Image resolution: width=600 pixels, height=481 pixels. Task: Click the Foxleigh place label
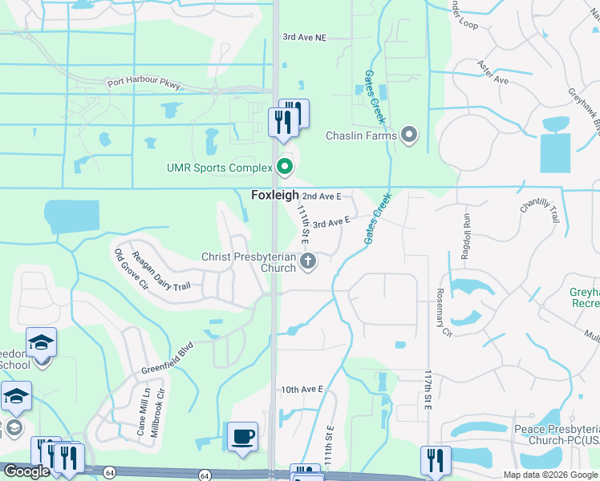click(275, 195)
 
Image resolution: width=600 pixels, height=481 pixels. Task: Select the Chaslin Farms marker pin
click(409, 135)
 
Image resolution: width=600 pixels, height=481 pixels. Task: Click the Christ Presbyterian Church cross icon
click(307, 261)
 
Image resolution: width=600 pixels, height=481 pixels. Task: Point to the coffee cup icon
click(243, 437)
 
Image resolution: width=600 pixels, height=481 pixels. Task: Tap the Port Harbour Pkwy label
click(145, 83)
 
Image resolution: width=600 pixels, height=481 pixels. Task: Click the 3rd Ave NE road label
click(305, 37)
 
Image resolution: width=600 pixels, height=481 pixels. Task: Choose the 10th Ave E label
click(302, 390)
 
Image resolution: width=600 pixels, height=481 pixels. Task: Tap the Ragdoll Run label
click(464, 236)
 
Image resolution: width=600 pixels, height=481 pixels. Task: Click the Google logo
click(26, 471)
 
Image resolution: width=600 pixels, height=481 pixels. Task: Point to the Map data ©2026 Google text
click(550, 475)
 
